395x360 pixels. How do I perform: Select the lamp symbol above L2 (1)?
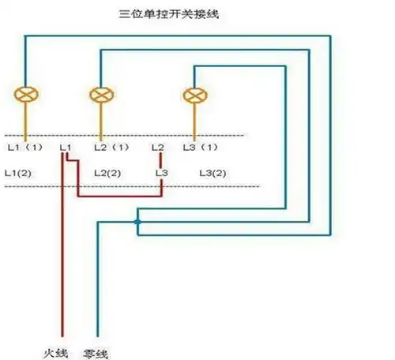[x=100, y=94]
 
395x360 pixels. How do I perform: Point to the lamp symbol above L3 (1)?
[x=193, y=96]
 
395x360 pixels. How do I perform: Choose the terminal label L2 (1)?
[x=111, y=147]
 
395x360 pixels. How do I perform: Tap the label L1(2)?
[x=19, y=172]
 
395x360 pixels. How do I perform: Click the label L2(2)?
[x=107, y=172]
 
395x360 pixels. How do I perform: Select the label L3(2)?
[x=213, y=172]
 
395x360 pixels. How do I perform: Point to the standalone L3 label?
[x=162, y=172]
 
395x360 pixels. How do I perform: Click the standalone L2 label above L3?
[x=158, y=147]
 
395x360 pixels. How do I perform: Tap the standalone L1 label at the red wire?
[x=66, y=147]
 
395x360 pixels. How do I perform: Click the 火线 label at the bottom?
[x=58, y=348]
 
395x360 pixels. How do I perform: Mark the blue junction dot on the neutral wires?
[x=137, y=222]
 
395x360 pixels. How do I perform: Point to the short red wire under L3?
[x=162, y=186]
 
